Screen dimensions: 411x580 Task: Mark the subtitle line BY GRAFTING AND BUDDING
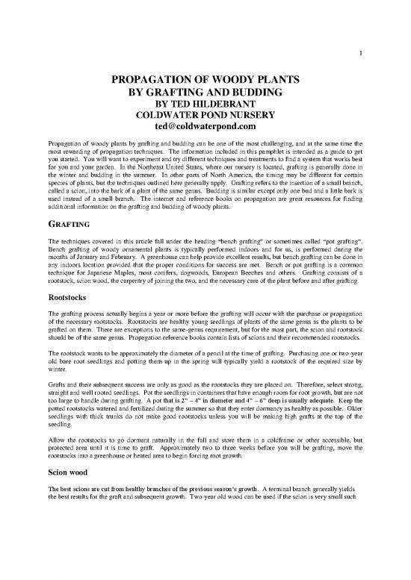205,92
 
